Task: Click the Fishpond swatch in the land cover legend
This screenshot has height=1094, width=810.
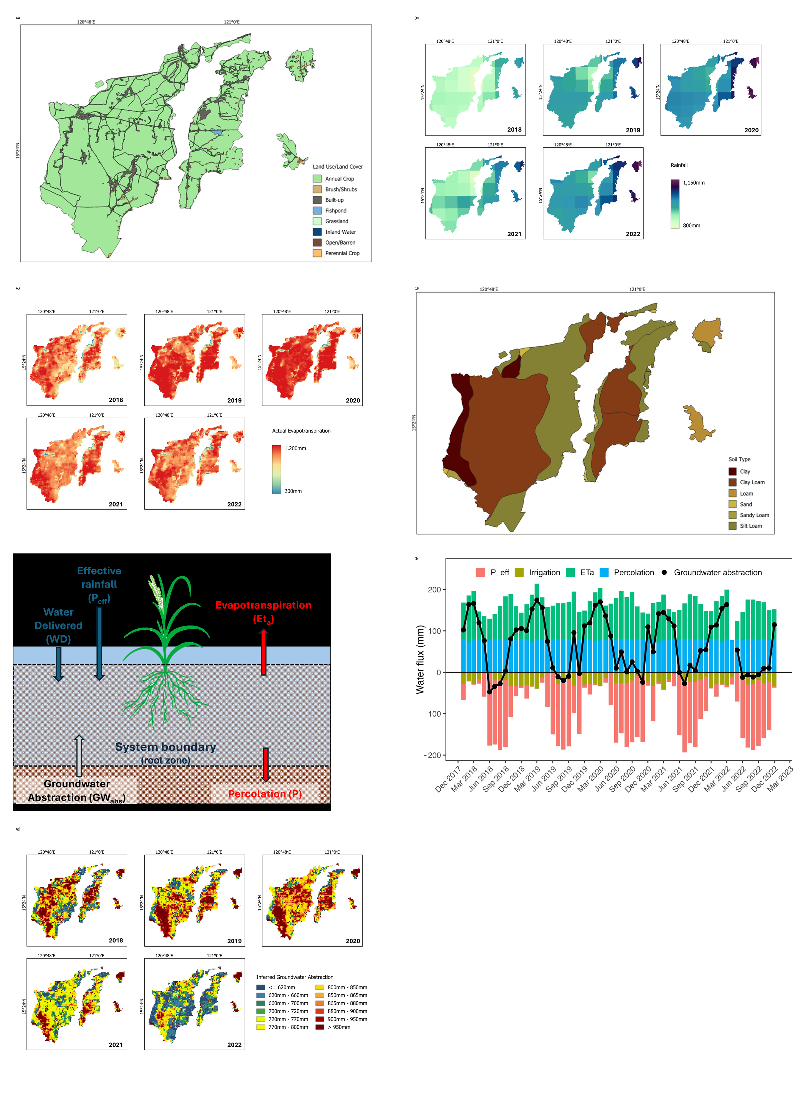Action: (x=317, y=210)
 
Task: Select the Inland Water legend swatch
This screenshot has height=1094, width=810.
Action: (x=317, y=232)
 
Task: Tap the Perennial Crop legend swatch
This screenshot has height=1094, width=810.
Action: (x=317, y=253)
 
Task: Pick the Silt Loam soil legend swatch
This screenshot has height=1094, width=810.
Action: (x=733, y=526)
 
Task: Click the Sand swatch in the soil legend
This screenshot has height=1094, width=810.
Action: (x=733, y=505)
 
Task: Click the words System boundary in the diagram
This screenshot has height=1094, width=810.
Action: (x=166, y=747)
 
